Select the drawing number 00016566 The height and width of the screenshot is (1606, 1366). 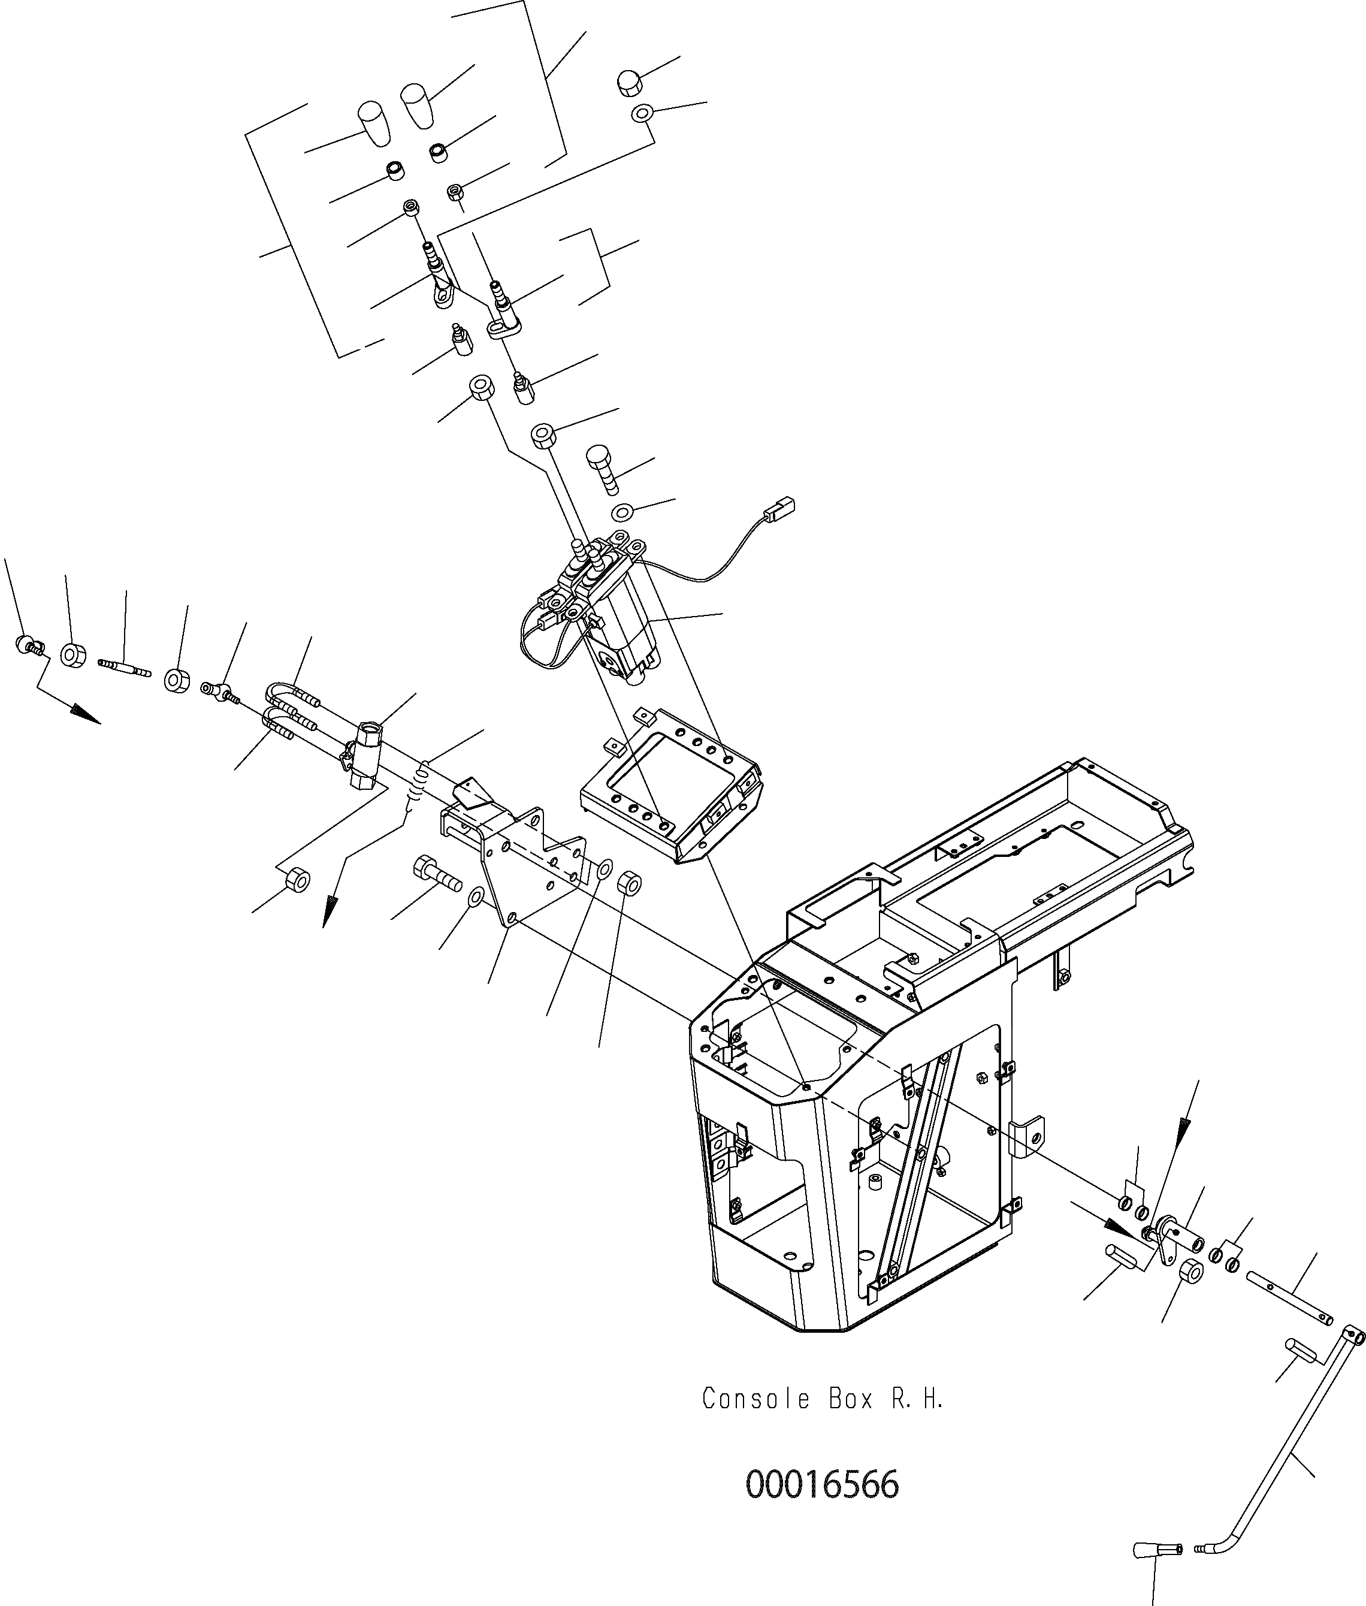coord(823,1485)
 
